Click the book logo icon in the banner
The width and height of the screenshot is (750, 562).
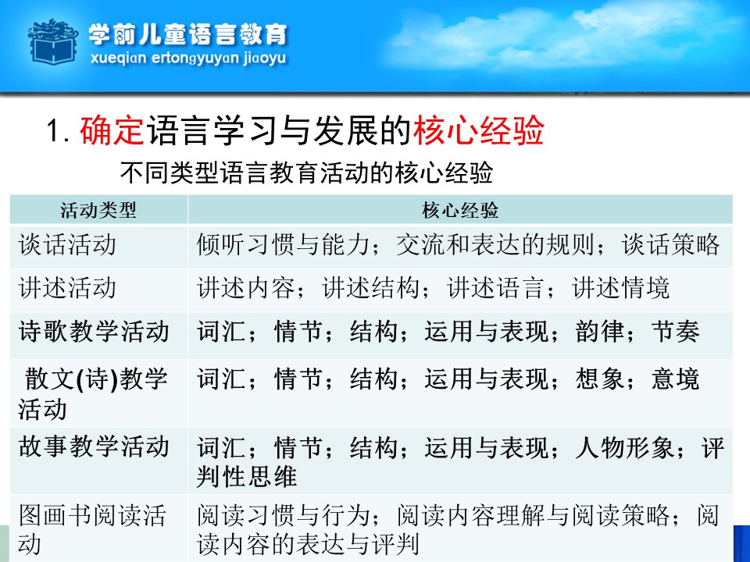tap(53, 41)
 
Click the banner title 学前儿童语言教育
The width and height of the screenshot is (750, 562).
tap(187, 34)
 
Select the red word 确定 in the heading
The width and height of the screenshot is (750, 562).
tap(112, 130)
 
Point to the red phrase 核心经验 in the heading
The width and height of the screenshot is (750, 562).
tap(478, 130)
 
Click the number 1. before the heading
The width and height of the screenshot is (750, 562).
tap(59, 130)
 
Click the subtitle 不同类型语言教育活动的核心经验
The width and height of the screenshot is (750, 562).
tap(306, 173)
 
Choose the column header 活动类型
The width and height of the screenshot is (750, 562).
tap(98, 210)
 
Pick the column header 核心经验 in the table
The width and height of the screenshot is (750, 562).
tap(460, 210)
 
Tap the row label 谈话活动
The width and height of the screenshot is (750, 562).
tap(67, 244)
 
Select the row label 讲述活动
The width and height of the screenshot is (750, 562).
tap(67, 288)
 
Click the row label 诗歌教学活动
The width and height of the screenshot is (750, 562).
tap(94, 331)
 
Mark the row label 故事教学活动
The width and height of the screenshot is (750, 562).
tap(94, 446)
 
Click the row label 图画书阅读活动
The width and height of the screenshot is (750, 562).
tap(92, 529)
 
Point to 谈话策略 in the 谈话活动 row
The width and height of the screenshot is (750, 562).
tap(670, 244)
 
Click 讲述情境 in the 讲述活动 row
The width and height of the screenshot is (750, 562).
tap(621, 288)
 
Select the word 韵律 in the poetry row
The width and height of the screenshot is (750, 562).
tap(600, 331)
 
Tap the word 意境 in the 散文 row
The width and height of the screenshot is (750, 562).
tap(675, 379)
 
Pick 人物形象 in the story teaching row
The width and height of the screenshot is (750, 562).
tap(625, 448)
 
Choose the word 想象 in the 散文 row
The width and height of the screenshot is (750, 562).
tap(600, 379)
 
